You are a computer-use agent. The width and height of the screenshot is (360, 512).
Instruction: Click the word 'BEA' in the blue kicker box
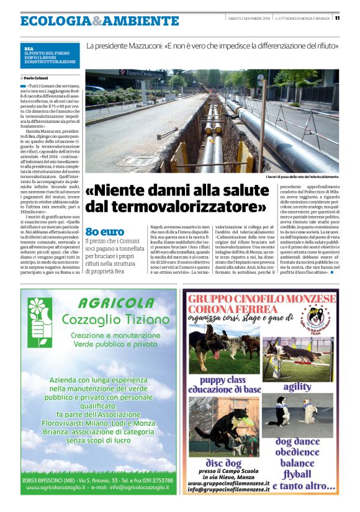click(x=29, y=48)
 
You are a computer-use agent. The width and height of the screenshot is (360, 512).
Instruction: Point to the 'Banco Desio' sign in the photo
click(x=142, y=73)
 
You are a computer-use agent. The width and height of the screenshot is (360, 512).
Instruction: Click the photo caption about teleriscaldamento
click(x=302, y=178)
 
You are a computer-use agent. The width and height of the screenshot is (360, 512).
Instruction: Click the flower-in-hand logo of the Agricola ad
click(x=40, y=323)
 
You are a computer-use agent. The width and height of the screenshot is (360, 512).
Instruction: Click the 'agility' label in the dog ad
click(x=297, y=387)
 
